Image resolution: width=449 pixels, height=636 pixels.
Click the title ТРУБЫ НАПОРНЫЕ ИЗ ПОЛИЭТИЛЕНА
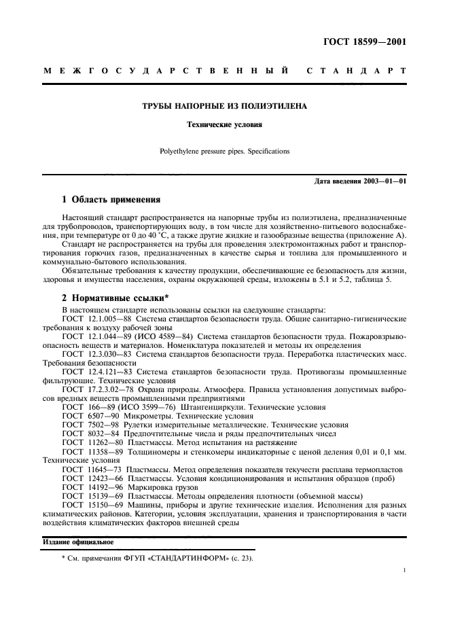tap(224, 107)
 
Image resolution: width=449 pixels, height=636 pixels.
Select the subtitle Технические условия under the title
tap(224, 125)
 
